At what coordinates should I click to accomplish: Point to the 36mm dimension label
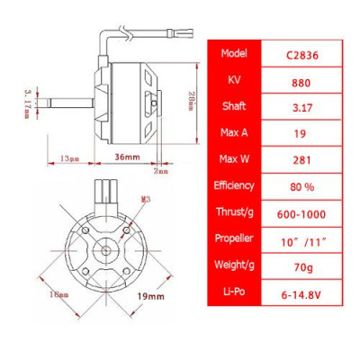point(126,158)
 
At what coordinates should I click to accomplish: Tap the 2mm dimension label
point(162,169)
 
